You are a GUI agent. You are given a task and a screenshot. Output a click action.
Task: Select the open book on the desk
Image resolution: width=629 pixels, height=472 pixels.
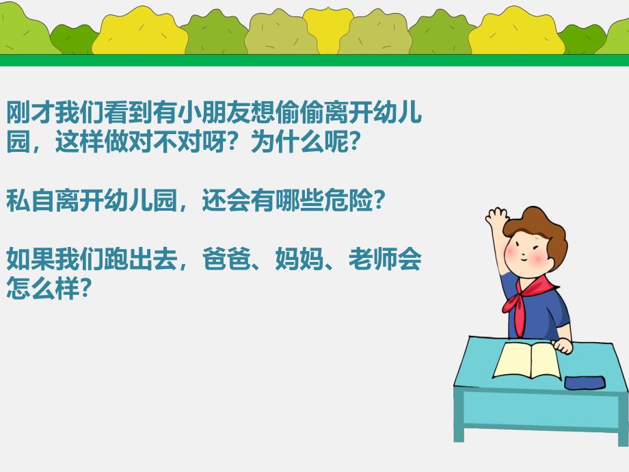[527, 358]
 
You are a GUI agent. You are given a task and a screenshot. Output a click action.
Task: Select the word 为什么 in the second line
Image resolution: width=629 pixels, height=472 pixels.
[288, 142]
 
